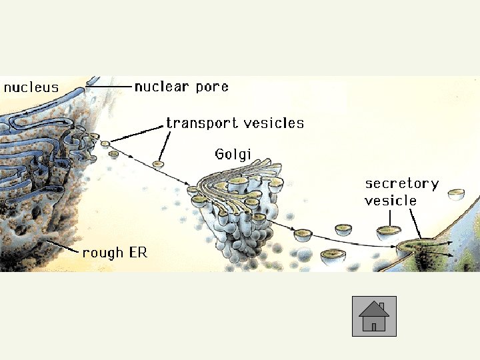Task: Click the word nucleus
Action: click(31, 87)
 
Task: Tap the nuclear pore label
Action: click(181, 87)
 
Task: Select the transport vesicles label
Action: click(235, 123)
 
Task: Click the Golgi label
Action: click(233, 155)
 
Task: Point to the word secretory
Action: click(401, 183)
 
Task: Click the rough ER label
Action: click(115, 253)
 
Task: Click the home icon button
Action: click(374, 316)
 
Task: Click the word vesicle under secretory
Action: click(391, 200)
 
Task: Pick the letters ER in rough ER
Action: click(137, 253)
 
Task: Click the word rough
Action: click(103, 253)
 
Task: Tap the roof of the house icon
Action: click(374, 309)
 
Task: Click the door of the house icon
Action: click(374, 327)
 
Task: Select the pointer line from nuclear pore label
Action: click(109, 86)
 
